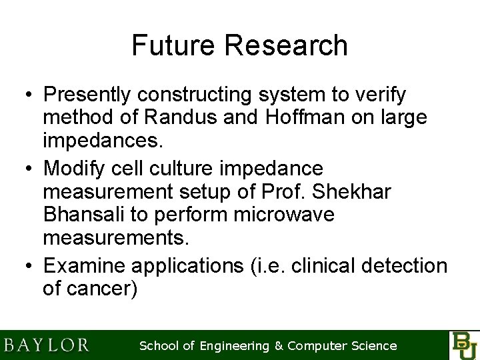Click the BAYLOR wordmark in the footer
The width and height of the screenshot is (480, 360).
coord(46,345)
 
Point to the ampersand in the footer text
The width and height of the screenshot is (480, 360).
coord(279,345)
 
